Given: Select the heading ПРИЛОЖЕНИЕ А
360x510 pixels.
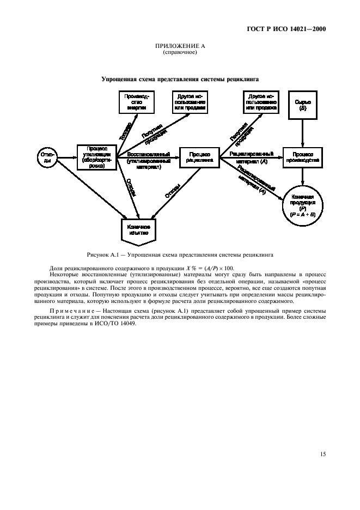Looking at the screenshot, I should coord(180,47).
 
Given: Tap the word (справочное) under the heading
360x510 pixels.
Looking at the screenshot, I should coord(180,53).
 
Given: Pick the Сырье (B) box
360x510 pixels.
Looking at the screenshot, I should coord(303,105).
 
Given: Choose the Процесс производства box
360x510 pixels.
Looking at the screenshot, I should coord(303,158).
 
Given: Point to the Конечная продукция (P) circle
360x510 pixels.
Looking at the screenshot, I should coord(303,206).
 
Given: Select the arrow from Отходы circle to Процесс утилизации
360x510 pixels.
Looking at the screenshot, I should coord(66,158).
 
